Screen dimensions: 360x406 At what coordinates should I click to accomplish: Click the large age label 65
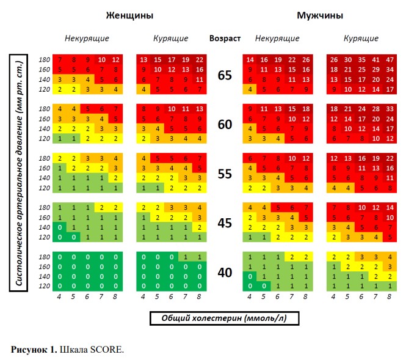(x=225, y=75)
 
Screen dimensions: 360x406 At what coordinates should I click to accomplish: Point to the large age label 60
(x=225, y=124)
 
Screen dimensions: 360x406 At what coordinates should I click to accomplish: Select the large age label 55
(x=225, y=173)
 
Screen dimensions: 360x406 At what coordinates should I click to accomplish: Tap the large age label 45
(x=225, y=222)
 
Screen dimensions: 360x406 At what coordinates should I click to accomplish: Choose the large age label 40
(x=225, y=272)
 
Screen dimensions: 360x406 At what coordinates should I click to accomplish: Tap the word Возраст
(x=225, y=38)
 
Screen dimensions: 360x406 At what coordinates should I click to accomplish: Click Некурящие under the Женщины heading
(x=87, y=38)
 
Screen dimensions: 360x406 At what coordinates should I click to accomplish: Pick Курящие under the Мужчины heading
(x=361, y=38)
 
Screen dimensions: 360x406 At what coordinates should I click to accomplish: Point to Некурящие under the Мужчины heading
(x=277, y=38)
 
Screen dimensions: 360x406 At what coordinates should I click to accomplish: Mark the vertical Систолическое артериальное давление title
(x=19, y=173)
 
